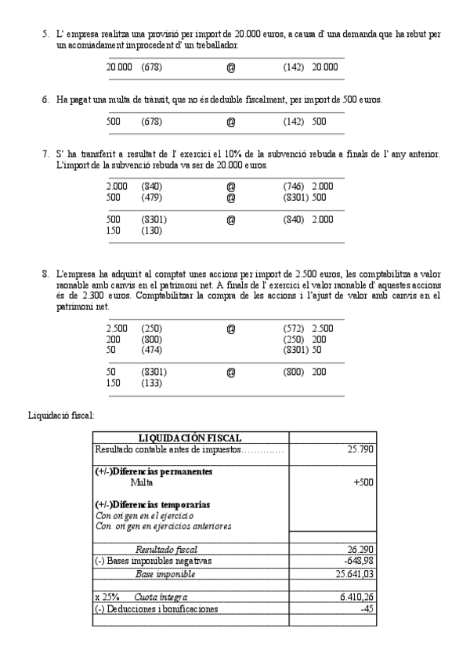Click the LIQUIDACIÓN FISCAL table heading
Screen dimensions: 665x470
(190, 438)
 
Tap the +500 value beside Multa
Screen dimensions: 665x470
(363, 482)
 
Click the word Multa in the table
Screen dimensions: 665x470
(142, 482)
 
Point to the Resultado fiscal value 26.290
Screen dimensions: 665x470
(359, 550)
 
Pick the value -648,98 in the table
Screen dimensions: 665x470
(358, 561)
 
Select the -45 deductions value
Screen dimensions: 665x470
(365, 609)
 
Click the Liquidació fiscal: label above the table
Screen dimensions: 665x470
(61, 415)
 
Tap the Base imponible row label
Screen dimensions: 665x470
(166, 574)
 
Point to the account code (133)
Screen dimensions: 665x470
(152, 383)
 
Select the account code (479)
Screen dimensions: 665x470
(152, 198)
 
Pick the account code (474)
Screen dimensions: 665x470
(152, 351)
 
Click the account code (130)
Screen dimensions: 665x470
(152, 232)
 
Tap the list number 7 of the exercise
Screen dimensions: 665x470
(45, 153)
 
